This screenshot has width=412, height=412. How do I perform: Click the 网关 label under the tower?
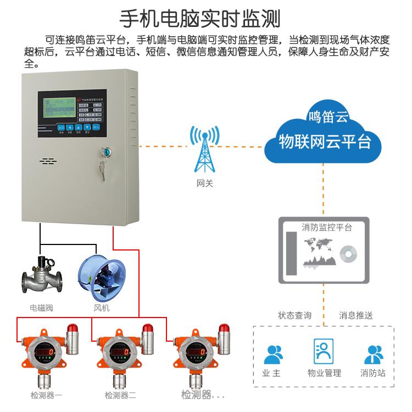pyautogui.click(x=204, y=183)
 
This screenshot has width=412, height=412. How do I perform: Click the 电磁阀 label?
pyautogui.click(x=41, y=308)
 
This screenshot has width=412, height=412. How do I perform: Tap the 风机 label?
pyautogui.click(x=102, y=308)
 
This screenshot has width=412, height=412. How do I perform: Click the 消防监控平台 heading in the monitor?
pyautogui.click(x=327, y=227)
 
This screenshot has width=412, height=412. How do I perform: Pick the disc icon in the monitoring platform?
pyautogui.click(x=347, y=253)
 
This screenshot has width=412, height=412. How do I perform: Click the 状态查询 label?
pyautogui.click(x=294, y=316)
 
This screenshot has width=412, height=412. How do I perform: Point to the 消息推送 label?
pyautogui.click(x=355, y=316)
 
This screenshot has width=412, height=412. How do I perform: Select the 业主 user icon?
pyautogui.click(x=273, y=354)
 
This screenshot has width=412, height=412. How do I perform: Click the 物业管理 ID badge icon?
pyautogui.click(x=324, y=352)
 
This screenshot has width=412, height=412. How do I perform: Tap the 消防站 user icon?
pyautogui.click(x=373, y=354)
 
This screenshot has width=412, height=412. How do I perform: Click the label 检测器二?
pyautogui.click(x=120, y=395)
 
